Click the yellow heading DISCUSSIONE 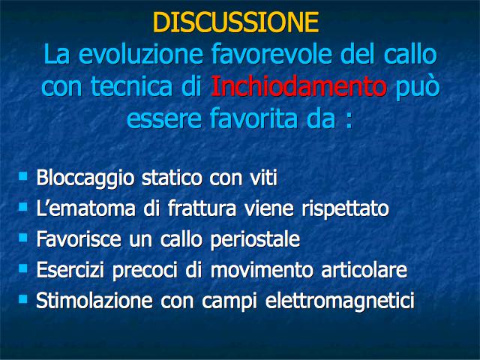pyautogui.click(x=235, y=22)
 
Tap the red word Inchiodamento pyautogui.click(x=298, y=86)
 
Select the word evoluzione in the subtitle pyautogui.click(x=141, y=54)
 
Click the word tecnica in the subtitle pyautogui.click(x=132, y=87)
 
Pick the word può pyautogui.click(x=418, y=87)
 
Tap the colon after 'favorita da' pyautogui.click(x=348, y=121)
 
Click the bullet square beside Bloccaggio pyautogui.click(x=23, y=176)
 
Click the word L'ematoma pyautogui.click(x=85, y=208)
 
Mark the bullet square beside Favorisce pyautogui.click(x=23, y=238)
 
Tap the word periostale pyautogui.click(x=255, y=240)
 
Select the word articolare pyautogui.click(x=364, y=270)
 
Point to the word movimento pyautogui.click(x=262, y=270)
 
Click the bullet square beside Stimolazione pyautogui.click(x=23, y=298)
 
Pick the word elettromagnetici pyautogui.click(x=340, y=301)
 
